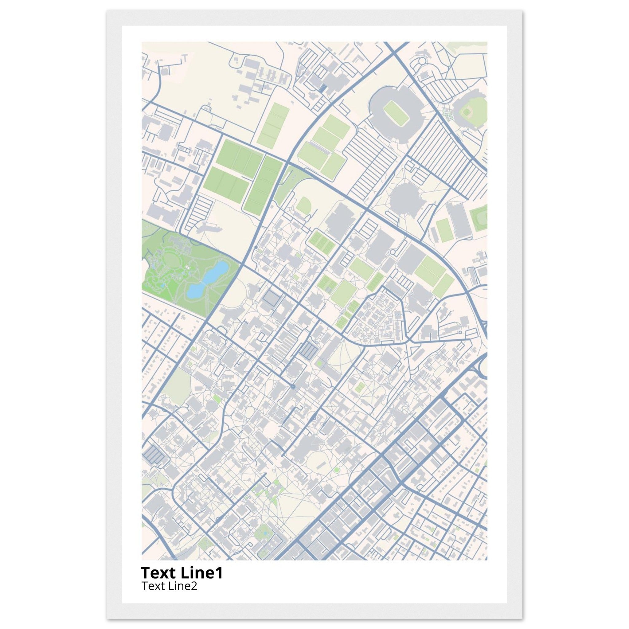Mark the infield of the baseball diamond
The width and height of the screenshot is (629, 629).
click(467, 112)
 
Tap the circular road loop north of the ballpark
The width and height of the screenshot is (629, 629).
click(422, 61)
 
